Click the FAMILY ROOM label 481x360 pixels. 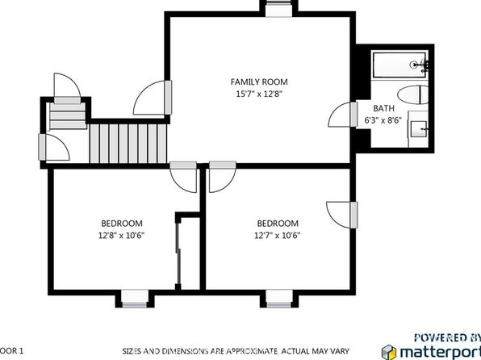(259, 82)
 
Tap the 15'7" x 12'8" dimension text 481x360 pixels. (259, 94)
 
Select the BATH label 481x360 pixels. (384, 108)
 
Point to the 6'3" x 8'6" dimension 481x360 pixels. (383, 120)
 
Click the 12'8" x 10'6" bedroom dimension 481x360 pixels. (122, 236)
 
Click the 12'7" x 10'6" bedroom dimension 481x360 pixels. (278, 236)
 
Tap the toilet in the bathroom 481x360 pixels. (413, 94)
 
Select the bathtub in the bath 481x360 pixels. (399, 65)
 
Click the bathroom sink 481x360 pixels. (419, 129)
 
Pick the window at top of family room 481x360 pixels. (278, 8)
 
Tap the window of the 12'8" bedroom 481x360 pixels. (135, 299)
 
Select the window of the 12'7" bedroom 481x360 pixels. (279, 299)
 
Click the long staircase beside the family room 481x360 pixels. (128, 144)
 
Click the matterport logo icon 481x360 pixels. (389, 352)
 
